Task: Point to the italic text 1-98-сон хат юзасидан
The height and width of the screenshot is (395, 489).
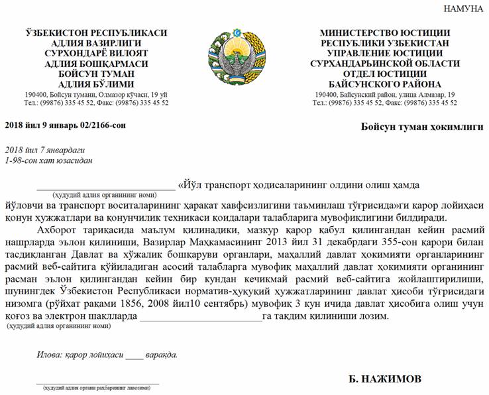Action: [x=48, y=160]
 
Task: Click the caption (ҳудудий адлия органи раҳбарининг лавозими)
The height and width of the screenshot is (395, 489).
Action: [x=99, y=388]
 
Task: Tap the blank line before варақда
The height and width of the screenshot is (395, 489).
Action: [x=134, y=356]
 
